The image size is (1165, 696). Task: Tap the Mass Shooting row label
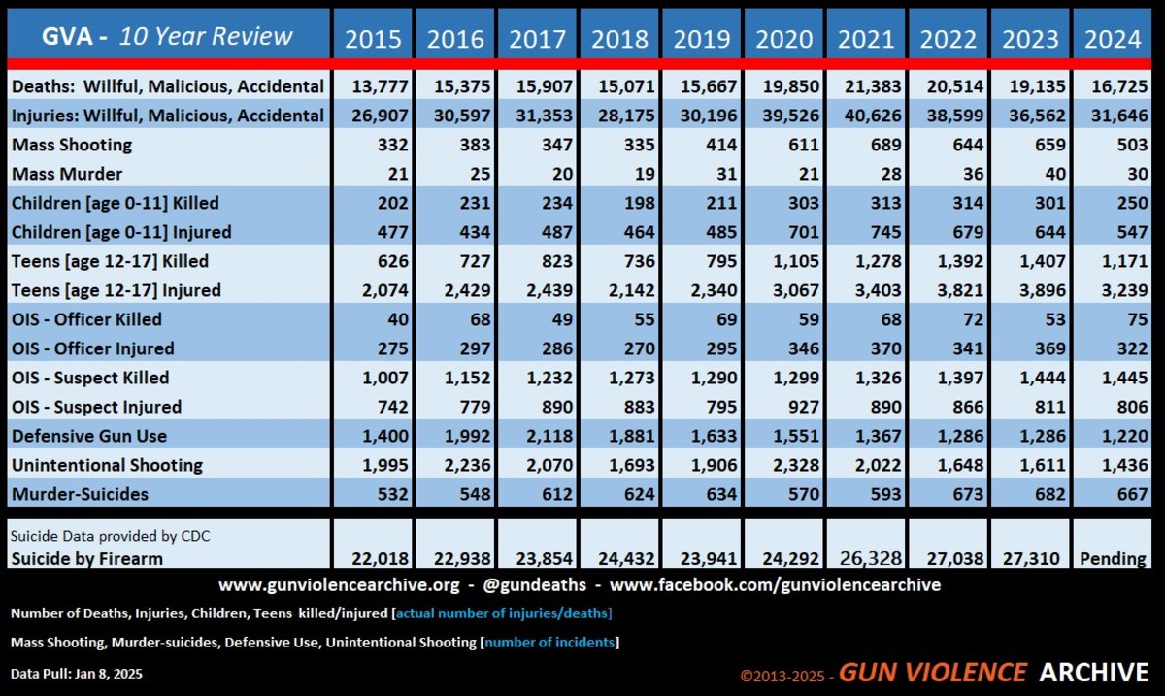(72, 145)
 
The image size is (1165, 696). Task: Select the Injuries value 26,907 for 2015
(373, 116)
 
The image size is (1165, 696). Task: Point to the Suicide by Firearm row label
(87, 558)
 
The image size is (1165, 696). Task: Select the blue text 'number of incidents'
(549, 642)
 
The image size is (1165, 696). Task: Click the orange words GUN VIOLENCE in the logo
(932, 672)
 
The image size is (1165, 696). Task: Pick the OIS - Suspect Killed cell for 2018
(620, 378)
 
